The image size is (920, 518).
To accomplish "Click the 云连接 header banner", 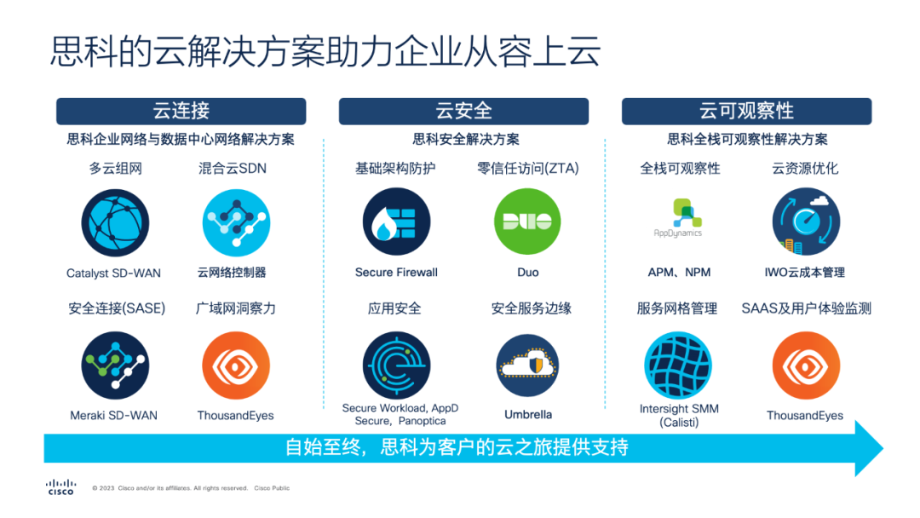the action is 181,111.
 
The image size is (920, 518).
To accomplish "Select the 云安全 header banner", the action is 463,111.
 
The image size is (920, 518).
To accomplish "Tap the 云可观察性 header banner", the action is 746,111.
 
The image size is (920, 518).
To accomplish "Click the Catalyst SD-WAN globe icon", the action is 115,223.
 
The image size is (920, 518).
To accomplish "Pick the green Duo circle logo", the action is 527,222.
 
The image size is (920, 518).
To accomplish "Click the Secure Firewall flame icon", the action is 397,222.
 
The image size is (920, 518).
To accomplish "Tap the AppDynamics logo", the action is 678,218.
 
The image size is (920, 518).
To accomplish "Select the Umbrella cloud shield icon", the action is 527,365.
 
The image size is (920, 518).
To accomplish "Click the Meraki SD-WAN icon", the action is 115,365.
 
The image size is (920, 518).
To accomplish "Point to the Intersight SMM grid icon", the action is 678,365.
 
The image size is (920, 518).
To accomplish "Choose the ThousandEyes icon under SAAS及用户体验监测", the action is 806,365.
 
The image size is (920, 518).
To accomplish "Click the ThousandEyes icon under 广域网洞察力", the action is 236,365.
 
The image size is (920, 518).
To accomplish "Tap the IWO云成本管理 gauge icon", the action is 806,222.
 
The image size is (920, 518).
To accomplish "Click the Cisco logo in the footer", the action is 60,487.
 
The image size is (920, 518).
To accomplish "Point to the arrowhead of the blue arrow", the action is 883,449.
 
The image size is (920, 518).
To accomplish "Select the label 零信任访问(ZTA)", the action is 527,169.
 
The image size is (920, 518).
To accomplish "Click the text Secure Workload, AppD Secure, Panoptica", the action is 400,414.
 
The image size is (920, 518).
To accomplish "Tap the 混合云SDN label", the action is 233,169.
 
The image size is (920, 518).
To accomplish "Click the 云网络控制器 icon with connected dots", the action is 236,223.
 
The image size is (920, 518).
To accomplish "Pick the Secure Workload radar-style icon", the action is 397,365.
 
